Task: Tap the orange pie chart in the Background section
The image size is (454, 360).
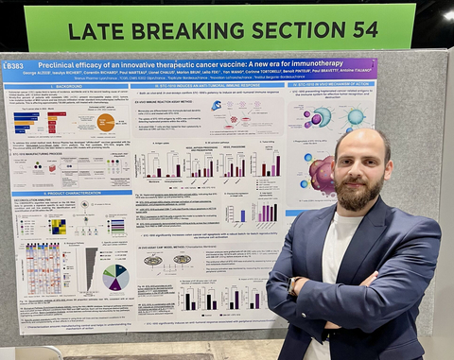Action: point(105,122)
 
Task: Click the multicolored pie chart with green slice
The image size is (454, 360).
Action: point(115,277)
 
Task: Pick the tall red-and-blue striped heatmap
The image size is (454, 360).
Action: point(44,269)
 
